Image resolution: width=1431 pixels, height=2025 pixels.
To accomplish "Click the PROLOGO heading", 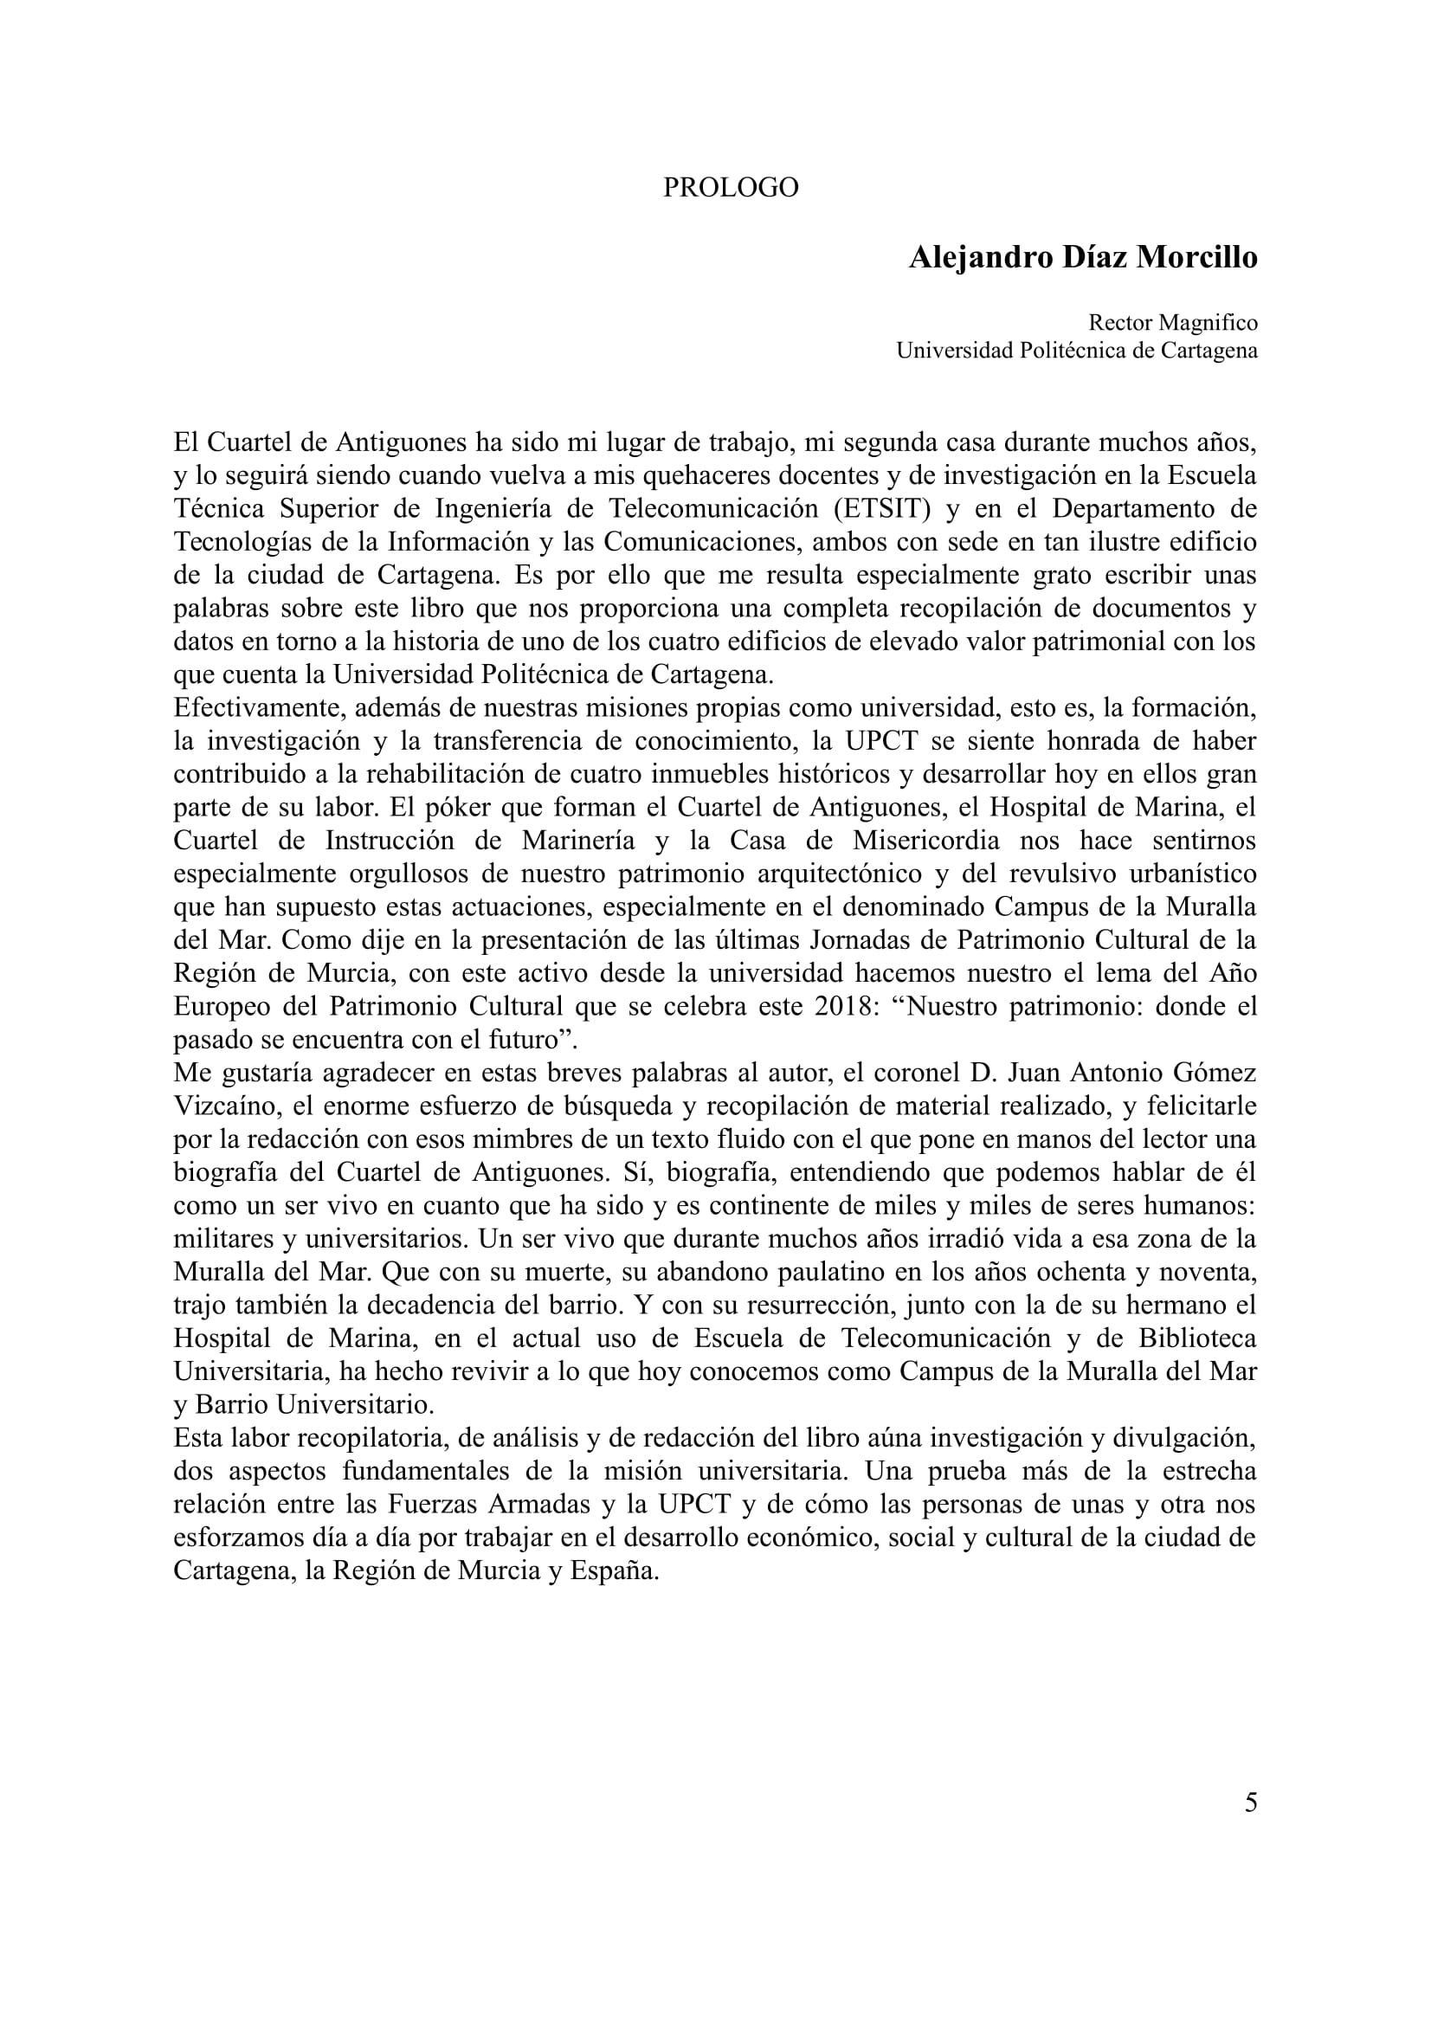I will click(730, 188).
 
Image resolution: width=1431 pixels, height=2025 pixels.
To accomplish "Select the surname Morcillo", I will click(1196, 257).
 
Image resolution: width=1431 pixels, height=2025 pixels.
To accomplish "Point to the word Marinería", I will click(577, 841).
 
